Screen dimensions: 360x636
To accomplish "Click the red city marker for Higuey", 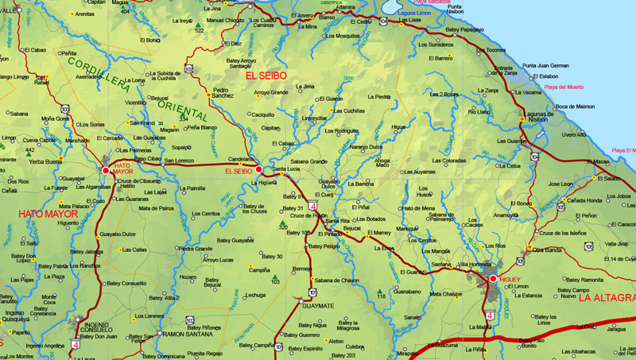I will tap(493, 278).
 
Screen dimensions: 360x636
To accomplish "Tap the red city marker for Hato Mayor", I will tap(106, 170).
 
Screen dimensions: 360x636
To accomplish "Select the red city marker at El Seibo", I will tap(259, 169).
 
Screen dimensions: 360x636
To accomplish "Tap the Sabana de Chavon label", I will tap(337, 280).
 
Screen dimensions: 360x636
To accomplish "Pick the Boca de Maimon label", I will tap(575, 106).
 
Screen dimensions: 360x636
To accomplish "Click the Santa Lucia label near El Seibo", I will tap(286, 168).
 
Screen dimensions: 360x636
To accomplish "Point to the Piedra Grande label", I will tap(196, 248).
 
